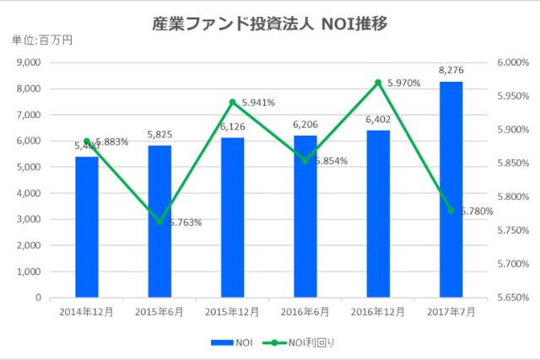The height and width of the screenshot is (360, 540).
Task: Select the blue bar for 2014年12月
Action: coord(87,227)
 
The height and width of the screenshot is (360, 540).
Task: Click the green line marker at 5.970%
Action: coord(379,83)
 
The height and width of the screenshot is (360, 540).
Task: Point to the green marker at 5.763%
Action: coord(159,222)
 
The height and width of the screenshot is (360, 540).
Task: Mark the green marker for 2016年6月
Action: coord(305,160)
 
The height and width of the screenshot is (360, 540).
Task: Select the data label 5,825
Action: coord(159,135)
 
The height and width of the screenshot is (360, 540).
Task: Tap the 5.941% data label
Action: coord(258,103)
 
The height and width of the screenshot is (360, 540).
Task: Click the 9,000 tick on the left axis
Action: coord(29,62)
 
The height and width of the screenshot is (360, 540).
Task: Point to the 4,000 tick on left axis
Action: coord(29,193)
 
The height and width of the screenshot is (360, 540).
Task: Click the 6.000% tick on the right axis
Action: coord(512,62)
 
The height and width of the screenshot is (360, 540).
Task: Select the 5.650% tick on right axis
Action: coord(512,298)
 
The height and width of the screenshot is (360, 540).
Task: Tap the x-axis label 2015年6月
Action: coord(159,312)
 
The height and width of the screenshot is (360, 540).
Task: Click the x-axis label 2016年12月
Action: coord(379,312)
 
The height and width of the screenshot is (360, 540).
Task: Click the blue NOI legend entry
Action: coord(233,341)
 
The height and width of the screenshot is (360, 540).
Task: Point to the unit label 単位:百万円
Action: coord(41,40)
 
